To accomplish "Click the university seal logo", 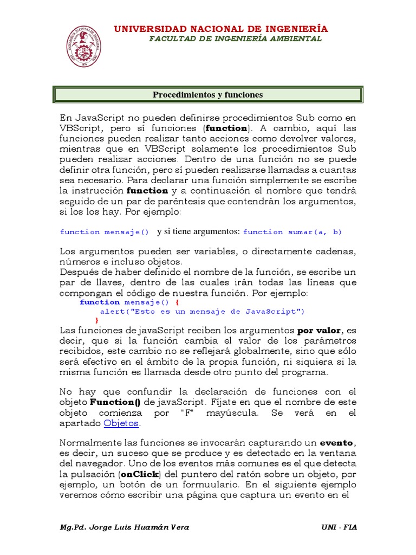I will coord(83,46).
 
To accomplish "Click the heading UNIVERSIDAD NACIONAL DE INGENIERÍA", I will coord(220,29).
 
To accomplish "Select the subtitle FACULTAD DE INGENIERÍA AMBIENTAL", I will coord(235,38).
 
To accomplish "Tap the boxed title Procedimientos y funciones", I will coord(207,95).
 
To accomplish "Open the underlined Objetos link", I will coord(121,423).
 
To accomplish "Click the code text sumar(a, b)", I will coord(322,232).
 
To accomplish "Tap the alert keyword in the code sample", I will coord(112,312).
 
